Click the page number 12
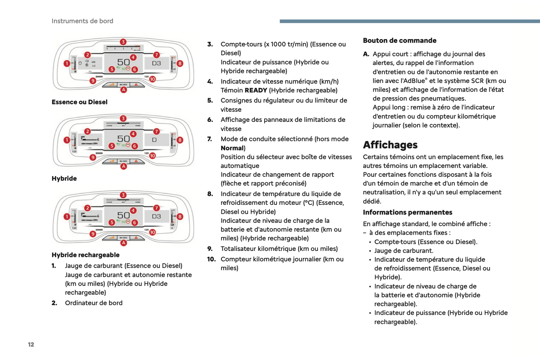pos(31,344)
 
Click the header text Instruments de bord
pos(82,21)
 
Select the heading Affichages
pos(390,145)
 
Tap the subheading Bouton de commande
pos(399,40)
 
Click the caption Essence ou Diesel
pos(79,102)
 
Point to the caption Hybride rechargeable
pos(85,255)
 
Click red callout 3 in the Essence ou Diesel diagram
pos(123,42)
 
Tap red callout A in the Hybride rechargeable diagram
pos(123,243)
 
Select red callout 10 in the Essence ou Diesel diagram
pos(152,79)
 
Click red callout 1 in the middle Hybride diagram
pos(67,140)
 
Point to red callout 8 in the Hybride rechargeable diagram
pos(180,216)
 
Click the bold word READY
pos(256,90)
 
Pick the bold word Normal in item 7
pos(232,148)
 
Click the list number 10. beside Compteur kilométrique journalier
pos(211,259)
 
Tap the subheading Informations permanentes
pos(407,212)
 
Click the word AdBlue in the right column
pos(413,81)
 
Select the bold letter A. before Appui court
pos(366,54)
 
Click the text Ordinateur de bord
pos(93,303)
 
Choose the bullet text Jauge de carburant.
pos(404,250)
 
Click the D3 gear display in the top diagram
pos(156,63)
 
